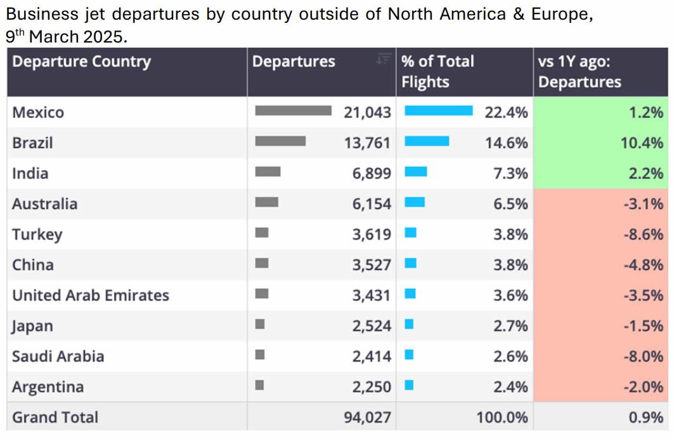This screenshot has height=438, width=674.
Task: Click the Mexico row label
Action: (x=38, y=112)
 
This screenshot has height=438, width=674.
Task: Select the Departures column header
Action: (x=294, y=62)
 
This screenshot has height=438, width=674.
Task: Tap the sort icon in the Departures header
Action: (x=383, y=60)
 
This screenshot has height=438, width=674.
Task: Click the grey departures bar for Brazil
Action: (x=280, y=141)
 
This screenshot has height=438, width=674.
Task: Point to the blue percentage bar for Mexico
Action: (x=439, y=110)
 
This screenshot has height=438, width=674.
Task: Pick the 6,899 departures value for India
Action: (x=372, y=173)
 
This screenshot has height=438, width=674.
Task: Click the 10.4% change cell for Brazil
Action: (x=642, y=143)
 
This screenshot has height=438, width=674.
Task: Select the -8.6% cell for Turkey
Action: (x=644, y=234)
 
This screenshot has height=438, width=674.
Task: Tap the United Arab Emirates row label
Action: (x=91, y=295)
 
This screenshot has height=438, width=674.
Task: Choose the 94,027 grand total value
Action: (x=368, y=417)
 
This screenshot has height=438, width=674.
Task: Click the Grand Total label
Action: (x=55, y=417)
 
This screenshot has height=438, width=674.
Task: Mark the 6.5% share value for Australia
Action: (x=510, y=204)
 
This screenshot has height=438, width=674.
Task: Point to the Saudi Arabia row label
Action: (x=58, y=356)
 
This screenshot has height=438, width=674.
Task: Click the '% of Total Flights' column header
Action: (x=437, y=71)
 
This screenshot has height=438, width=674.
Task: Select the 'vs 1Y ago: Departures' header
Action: (x=580, y=71)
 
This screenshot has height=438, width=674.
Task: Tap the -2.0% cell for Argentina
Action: (x=644, y=387)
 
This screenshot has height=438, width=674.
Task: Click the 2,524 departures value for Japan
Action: (x=372, y=326)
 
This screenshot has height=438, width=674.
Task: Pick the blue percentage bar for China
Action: (x=410, y=263)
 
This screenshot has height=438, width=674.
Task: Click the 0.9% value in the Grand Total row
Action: (x=647, y=417)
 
